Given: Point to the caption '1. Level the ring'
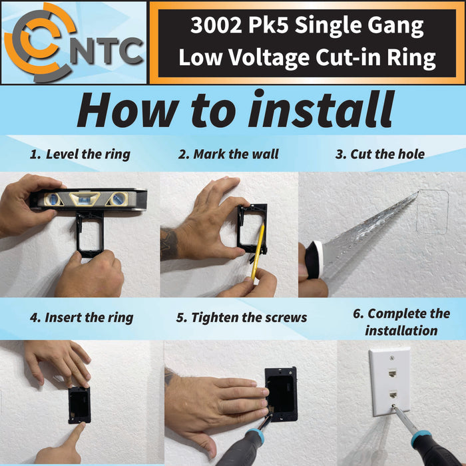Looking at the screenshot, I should tap(80, 154).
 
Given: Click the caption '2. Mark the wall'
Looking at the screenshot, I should tap(228, 154).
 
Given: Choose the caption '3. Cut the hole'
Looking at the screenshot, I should tap(379, 154).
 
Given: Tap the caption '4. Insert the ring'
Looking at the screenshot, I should tap(81, 318).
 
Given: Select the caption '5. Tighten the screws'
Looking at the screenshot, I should tap(242, 318).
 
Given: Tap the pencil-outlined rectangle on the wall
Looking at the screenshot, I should tap(432, 212).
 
